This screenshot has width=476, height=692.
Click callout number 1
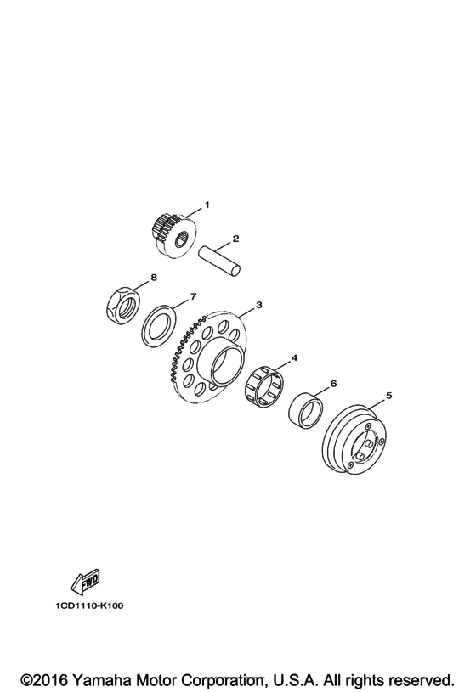[206, 205]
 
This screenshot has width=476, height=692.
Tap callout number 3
[258, 304]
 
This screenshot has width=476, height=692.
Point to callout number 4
[295, 358]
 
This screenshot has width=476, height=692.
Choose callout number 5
[388, 395]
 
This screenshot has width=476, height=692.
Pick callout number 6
[333, 384]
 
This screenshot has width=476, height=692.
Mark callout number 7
[193, 296]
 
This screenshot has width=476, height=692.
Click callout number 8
[154, 277]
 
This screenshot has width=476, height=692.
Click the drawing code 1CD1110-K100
[92, 607]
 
